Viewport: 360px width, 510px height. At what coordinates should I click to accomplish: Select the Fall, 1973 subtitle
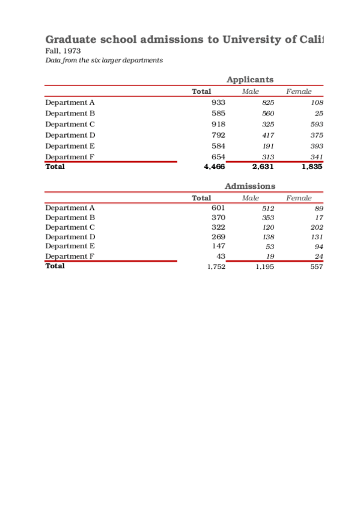click(x=63, y=51)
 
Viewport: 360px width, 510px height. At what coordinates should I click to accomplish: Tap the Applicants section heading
click(x=249, y=79)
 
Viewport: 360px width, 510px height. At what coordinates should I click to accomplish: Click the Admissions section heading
click(x=249, y=186)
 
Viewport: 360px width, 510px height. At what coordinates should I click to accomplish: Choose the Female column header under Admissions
click(x=299, y=198)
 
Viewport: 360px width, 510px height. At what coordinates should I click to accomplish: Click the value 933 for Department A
click(x=218, y=102)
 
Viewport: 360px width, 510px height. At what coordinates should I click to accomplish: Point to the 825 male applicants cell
click(x=268, y=103)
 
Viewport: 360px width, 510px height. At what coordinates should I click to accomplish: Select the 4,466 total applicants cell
click(x=215, y=167)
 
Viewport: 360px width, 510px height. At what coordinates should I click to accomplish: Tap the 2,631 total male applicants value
click(x=263, y=167)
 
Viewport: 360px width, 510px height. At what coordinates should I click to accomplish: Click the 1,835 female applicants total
click(x=311, y=167)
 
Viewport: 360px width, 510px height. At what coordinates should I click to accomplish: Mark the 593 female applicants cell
click(x=316, y=124)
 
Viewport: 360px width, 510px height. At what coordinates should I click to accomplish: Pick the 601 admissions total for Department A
click(x=218, y=207)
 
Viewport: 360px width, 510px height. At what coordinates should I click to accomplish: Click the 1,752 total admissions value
click(x=216, y=266)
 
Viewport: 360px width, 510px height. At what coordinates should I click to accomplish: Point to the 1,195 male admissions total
click(x=264, y=266)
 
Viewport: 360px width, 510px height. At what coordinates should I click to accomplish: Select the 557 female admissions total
click(x=316, y=266)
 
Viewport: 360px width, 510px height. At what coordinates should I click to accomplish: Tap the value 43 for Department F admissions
click(x=221, y=256)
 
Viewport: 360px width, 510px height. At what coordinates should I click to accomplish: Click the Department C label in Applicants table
click(x=70, y=124)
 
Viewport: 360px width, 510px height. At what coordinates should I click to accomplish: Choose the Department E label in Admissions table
click(x=70, y=246)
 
